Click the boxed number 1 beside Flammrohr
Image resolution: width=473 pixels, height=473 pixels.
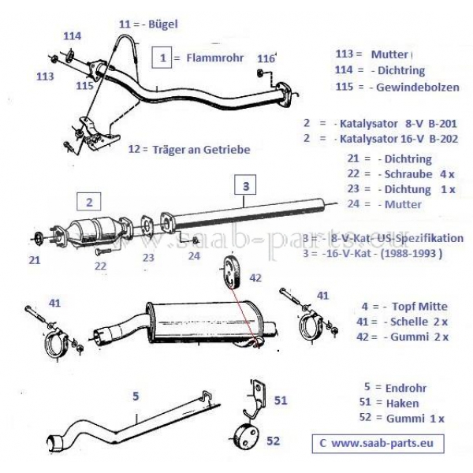click(x=162, y=57)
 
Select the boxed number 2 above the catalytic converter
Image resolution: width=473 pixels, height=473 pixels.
click(x=90, y=201)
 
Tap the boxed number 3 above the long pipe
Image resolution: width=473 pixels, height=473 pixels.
click(x=246, y=187)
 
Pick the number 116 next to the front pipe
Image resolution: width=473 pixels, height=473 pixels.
click(x=266, y=58)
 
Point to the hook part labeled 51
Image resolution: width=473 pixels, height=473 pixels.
click(x=256, y=404)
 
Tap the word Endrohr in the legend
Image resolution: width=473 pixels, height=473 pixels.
click(x=406, y=387)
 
